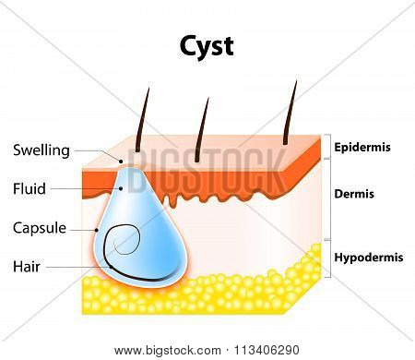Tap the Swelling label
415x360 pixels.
41,150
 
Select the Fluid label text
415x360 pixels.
30,188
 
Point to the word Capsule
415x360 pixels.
40,228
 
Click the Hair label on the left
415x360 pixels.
27,267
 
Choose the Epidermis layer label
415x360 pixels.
362,148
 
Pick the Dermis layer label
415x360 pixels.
354,194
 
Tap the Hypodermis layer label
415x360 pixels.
369,258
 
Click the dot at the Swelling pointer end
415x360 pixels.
121,161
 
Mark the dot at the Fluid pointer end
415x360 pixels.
121,188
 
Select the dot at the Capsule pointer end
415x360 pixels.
97,230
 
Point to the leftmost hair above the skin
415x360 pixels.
142,120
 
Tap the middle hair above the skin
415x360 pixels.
202,130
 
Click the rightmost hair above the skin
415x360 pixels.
290,113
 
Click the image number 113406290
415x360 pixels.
267,350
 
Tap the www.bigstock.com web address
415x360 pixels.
168,351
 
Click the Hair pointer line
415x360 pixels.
78,267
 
